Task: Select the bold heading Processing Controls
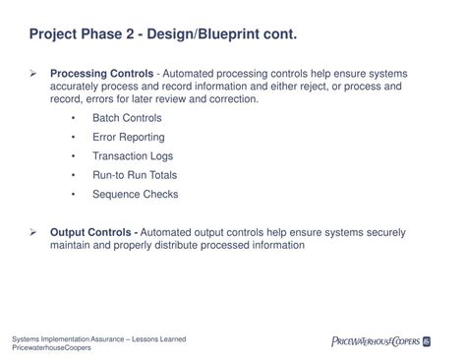(101, 74)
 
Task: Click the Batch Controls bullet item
(127, 118)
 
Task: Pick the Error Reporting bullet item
(129, 137)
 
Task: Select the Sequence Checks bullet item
(136, 195)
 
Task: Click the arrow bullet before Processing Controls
(33, 74)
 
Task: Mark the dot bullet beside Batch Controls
(75, 118)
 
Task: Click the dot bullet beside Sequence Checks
(75, 195)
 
